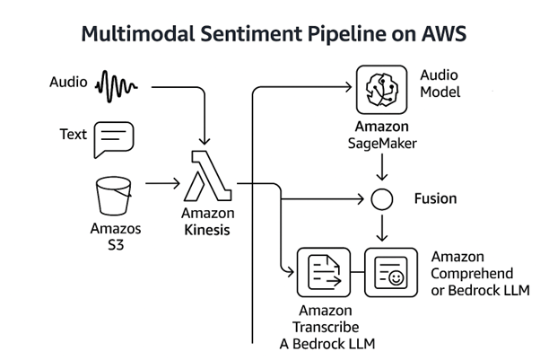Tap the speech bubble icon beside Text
[113, 139]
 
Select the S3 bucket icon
[113, 195]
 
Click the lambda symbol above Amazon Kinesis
[207, 176]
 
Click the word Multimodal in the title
[135, 35]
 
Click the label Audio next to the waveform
[67, 84]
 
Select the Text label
[74, 135]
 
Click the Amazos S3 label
[112, 237]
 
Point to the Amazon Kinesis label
[207, 222]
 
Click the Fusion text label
[435, 198]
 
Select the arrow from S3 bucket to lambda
[162, 182]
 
